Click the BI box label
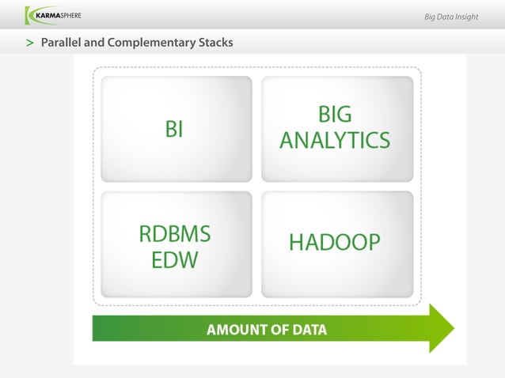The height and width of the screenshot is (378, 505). pyautogui.click(x=174, y=129)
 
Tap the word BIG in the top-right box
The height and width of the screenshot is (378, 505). pyautogui.click(x=334, y=115)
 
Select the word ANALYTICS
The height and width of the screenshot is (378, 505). pyautogui.click(x=335, y=141)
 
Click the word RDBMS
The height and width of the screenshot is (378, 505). pyautogui.click(x=175, y=234)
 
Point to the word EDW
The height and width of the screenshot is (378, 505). pyautogui.click(x=175, y=259)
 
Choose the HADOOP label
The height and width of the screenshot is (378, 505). pyautogui.click(x=335, y=242)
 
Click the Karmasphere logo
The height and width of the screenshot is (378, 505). pyautogui.click(x=53, y=15)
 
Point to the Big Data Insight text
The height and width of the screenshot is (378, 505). pyautogui.click(x=450, y=17)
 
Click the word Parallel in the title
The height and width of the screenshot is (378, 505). pyautogui.click(x=63, y=42)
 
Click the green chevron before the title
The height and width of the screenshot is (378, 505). pyautogui.click(x=29, y=42)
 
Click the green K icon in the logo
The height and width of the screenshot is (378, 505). pyautogui.click(x=30, y=15)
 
